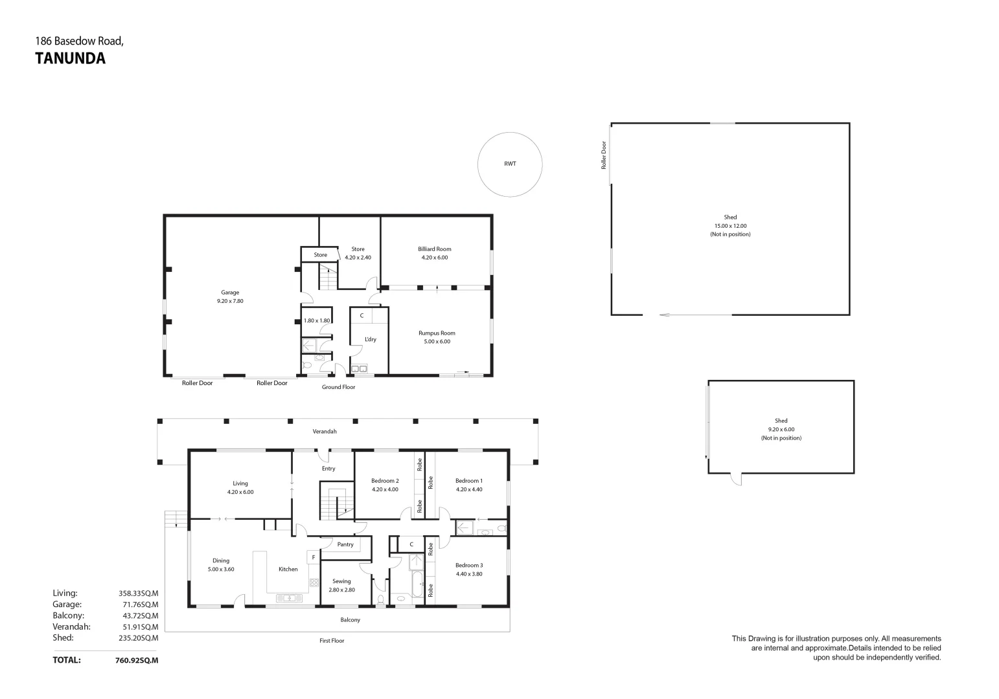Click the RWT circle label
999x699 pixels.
[x=510, y=164]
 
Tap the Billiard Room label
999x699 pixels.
[x=434, y=249]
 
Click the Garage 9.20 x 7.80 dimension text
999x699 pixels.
[x=230, y=301]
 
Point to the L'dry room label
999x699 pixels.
[x=370, y=339]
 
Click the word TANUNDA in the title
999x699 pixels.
[x=69, y=59]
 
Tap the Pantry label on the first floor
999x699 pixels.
[x=345, y=544]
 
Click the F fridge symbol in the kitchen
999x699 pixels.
[x=313, y=557]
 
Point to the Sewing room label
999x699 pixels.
[x=341, y=581]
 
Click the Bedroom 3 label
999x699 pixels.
[x=469, y=565]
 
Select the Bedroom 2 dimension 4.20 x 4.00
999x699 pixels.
[x=385, y=489]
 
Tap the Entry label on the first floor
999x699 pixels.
[x=328, y=469]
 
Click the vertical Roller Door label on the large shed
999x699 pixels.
[x=603, y=155]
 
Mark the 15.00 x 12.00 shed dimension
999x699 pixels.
[x=730, y=226]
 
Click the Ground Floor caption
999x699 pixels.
[x=338, y=387]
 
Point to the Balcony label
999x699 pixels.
[x=350, y=620]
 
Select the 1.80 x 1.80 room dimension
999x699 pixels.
[x=317, y=320]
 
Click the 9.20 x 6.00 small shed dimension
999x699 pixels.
[x=781, y=429]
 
